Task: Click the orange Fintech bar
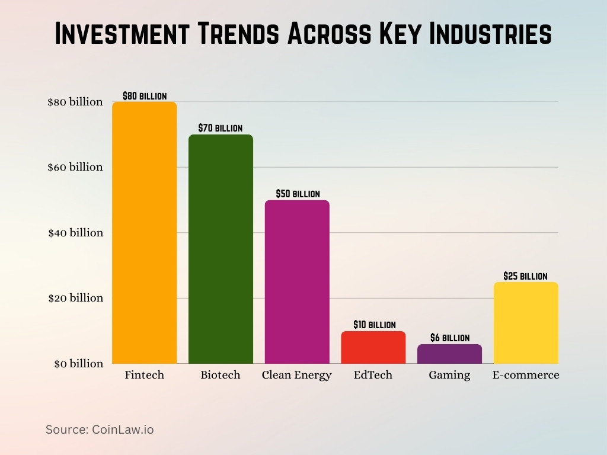pos(144,232)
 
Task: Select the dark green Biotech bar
pos(221,249)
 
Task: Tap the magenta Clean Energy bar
pos(297,281)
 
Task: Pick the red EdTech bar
pos(373,347)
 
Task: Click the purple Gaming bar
pos(449,354)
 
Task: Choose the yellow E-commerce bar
pos(526,323)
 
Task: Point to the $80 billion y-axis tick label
pos(75,102)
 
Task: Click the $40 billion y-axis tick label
pos(75,233)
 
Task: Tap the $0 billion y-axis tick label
pos(75,364)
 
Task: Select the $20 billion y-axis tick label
pos(75,298)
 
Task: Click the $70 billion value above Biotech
pos(221,128)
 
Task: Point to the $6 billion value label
pos(449,338)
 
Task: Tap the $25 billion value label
pos(525,276)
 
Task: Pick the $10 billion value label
pos(374,325)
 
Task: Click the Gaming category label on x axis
pos(449,375)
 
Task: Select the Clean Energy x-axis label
pos(296,375)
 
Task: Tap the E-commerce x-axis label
pos(526,375)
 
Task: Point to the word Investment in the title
pos(122,34)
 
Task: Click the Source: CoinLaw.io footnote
pos(100,430)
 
